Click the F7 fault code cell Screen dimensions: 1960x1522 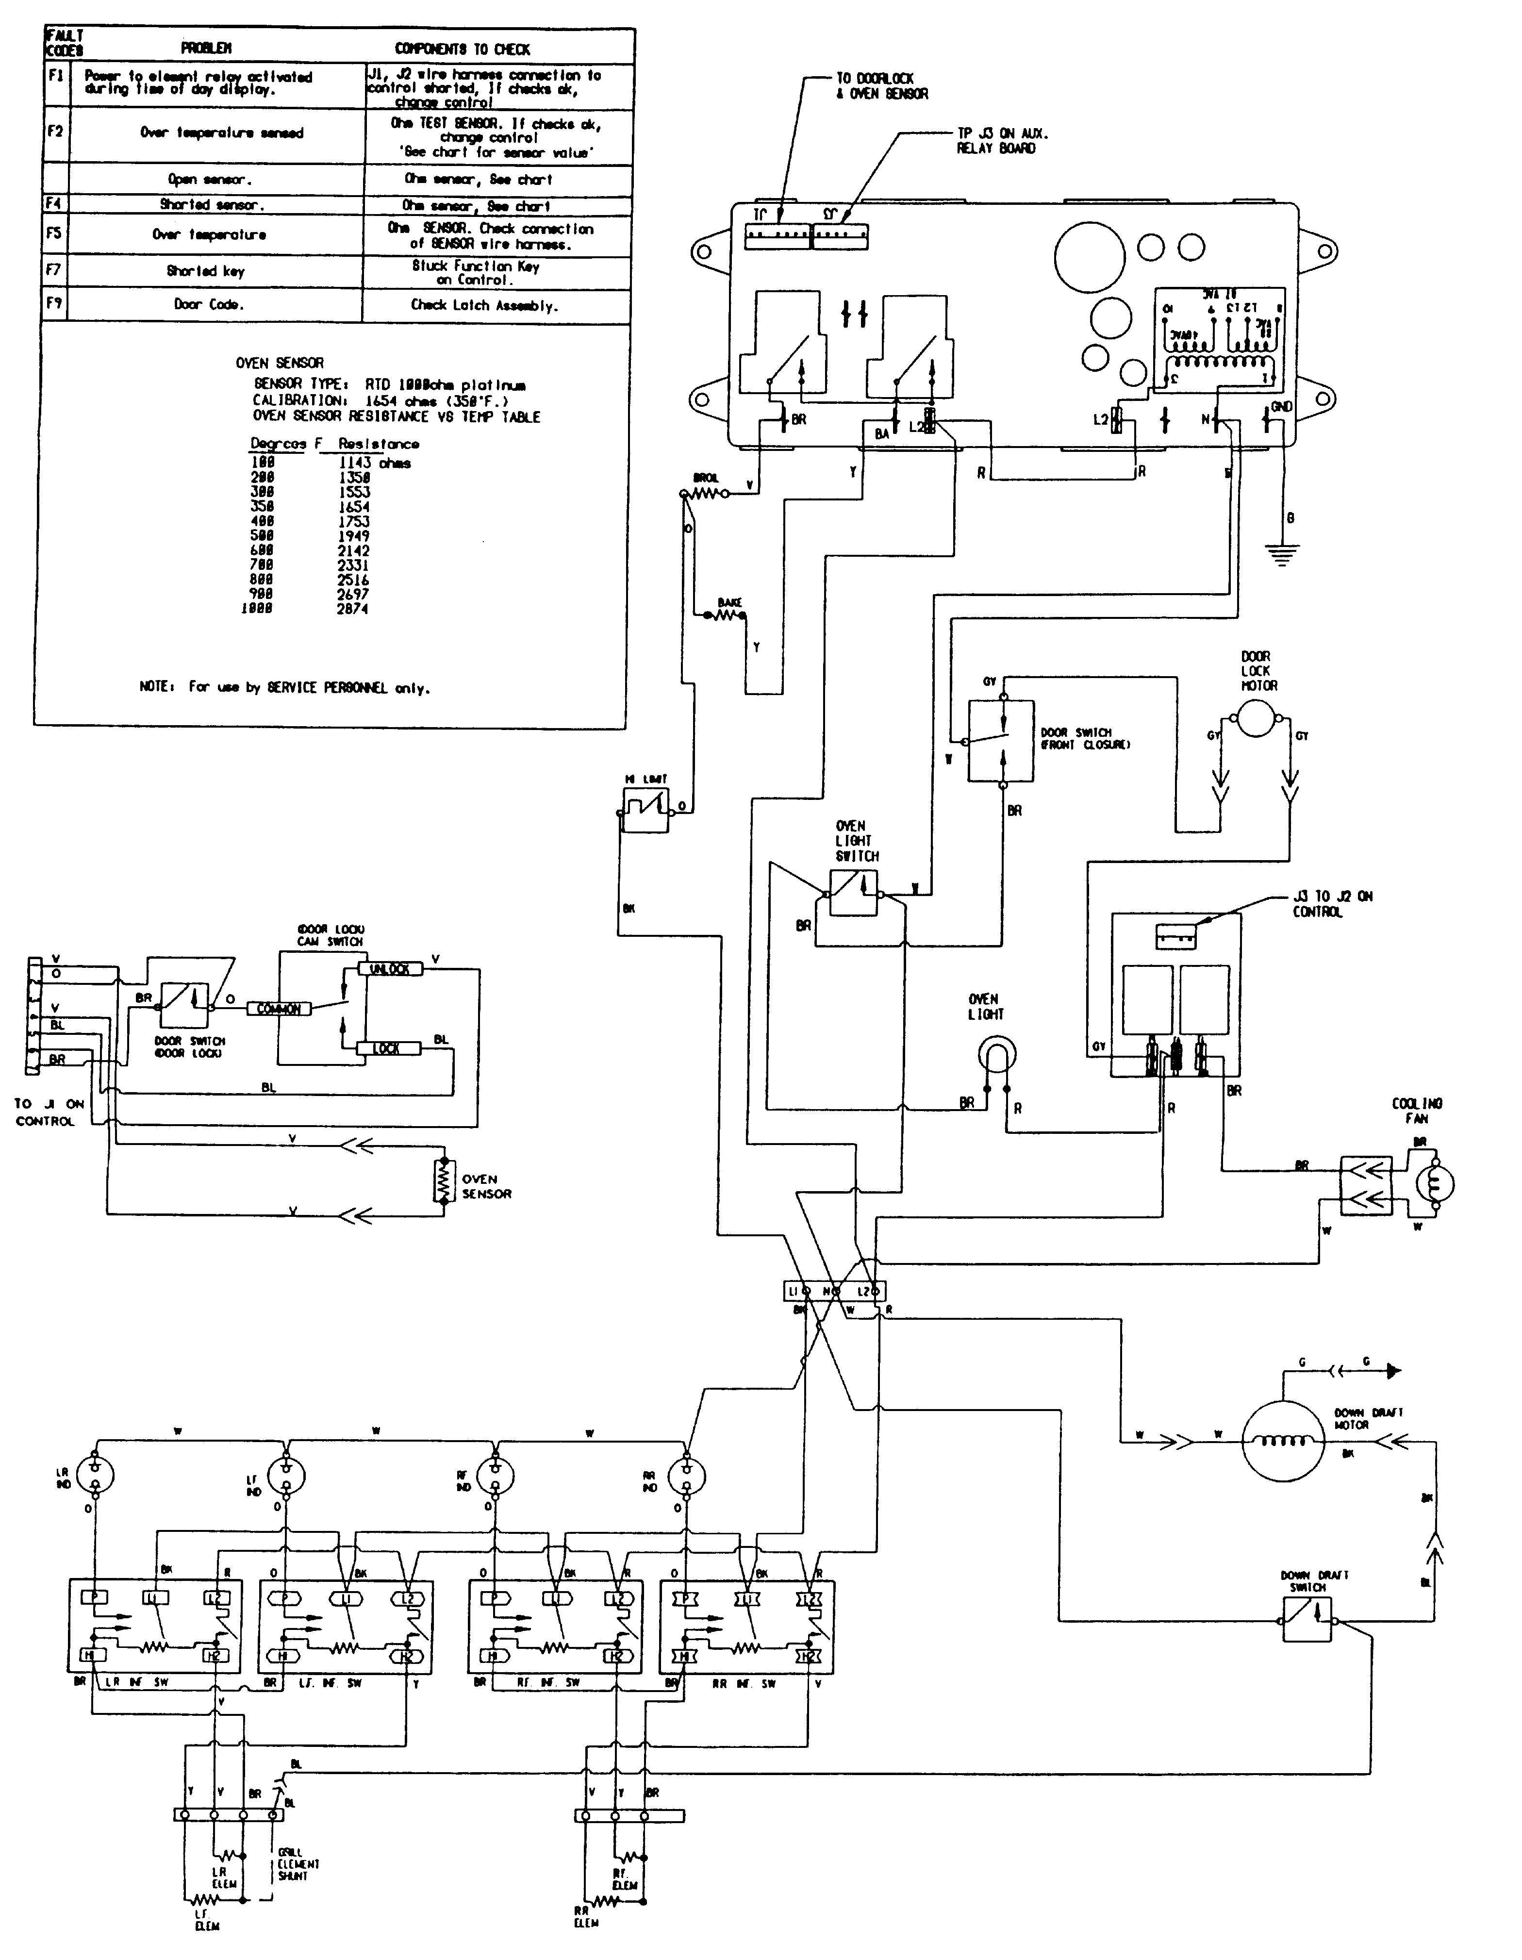tap(54, 271)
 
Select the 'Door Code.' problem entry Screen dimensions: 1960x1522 tap(208, 304)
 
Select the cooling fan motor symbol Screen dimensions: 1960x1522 tap(1434, 1185)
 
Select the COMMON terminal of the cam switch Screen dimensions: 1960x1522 tap(279, 1009)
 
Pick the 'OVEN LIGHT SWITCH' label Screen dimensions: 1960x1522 tap(853, 841)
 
